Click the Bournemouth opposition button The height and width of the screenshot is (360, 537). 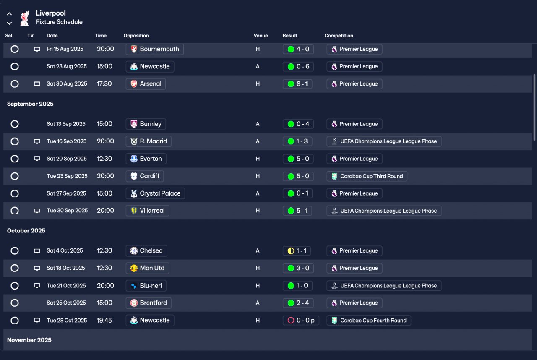[154, 49]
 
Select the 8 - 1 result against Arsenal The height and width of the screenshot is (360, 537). [298, 84]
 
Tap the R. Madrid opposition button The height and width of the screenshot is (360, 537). [149, 141]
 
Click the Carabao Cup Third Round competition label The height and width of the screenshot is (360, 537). [367, 176]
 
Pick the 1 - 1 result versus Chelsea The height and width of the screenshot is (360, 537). [298, 251]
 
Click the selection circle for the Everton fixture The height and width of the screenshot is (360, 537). [15, 159]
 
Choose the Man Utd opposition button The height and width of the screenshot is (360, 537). [148, 268]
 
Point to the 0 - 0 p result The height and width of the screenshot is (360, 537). [301, 321]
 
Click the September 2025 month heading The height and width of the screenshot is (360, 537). [30, 104]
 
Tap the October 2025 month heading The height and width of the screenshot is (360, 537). [26, 231]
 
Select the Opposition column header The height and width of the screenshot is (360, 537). [136, 36]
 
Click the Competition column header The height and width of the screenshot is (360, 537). [339, 36]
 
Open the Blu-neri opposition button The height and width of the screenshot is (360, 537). [146, 286]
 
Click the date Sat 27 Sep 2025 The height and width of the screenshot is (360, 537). [67, 193]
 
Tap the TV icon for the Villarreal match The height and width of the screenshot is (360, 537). [37, 211]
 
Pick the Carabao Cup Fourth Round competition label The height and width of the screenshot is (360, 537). [369, 321]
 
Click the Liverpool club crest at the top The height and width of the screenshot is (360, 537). [25, 18]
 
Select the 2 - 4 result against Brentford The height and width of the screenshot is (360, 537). [298, 303]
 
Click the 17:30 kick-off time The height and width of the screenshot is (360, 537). [104, 84]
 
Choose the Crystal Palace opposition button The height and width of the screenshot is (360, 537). [155, 193]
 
